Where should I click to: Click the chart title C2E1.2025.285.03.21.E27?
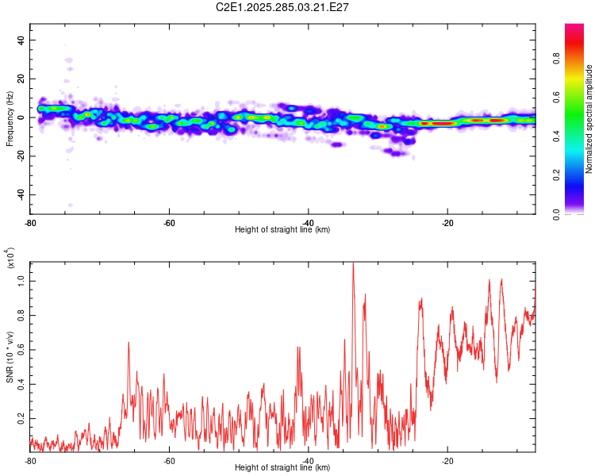point(283,7)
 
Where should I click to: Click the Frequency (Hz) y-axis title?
point(10,119)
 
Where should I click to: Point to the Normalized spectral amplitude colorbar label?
point(589,119)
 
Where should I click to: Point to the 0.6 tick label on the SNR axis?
point(21,350)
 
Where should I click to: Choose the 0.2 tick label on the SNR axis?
point(21,417)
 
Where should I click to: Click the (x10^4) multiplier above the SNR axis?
point(10,258)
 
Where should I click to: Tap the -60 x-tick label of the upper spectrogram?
point(169,223)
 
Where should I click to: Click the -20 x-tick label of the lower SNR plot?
point(447,461)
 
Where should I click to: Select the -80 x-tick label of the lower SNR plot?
point(30,461)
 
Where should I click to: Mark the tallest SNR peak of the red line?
point(353,264)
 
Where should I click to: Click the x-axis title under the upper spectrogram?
point(282,230)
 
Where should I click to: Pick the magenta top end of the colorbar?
point(574,28)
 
